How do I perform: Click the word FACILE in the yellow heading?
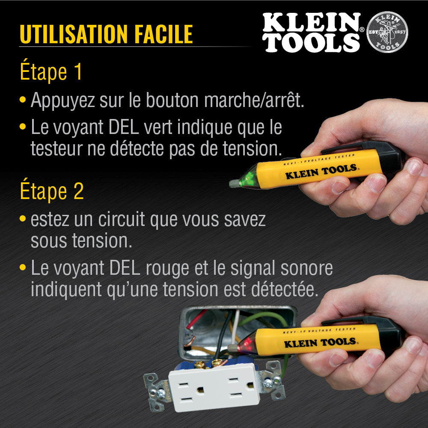(x=164, y=34)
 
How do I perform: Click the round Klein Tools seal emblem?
(x=387, y=32)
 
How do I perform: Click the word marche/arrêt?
(x=254, y=100)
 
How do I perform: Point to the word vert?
(x=158, y=127)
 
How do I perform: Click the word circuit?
(x=121, y=219)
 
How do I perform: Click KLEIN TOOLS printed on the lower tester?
(x=320, y=342)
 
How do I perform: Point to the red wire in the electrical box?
(x=196, y=319)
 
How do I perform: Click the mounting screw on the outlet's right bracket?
(x=267, y=383)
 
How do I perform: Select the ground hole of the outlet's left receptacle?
(x=200, y=389)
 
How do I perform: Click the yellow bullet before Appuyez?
(x=23, y=99)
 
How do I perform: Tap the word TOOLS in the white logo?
(x=311, y=43)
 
